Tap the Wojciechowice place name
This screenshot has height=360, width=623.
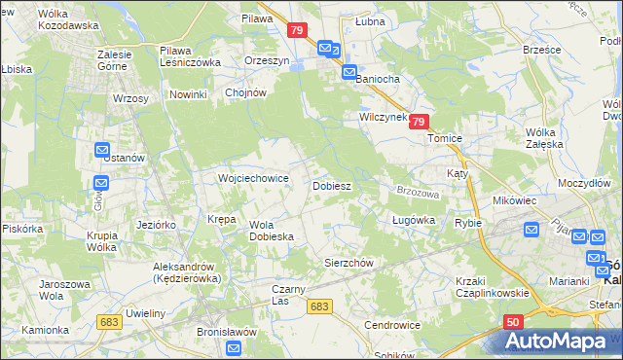pos(253,179)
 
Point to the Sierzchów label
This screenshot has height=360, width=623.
pos(348,263)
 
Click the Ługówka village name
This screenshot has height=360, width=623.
pos(413,221)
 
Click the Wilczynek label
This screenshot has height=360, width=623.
pos(382,116)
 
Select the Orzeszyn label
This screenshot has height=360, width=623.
pos(269,59)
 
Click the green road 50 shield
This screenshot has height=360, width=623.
pos(513,322)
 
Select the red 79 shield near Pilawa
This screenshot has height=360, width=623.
pos(299,31)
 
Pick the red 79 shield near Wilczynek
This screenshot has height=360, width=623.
pos(419,122)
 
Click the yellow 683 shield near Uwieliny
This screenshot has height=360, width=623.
pos(109,321)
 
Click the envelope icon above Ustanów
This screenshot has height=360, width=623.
pos(102,150)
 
